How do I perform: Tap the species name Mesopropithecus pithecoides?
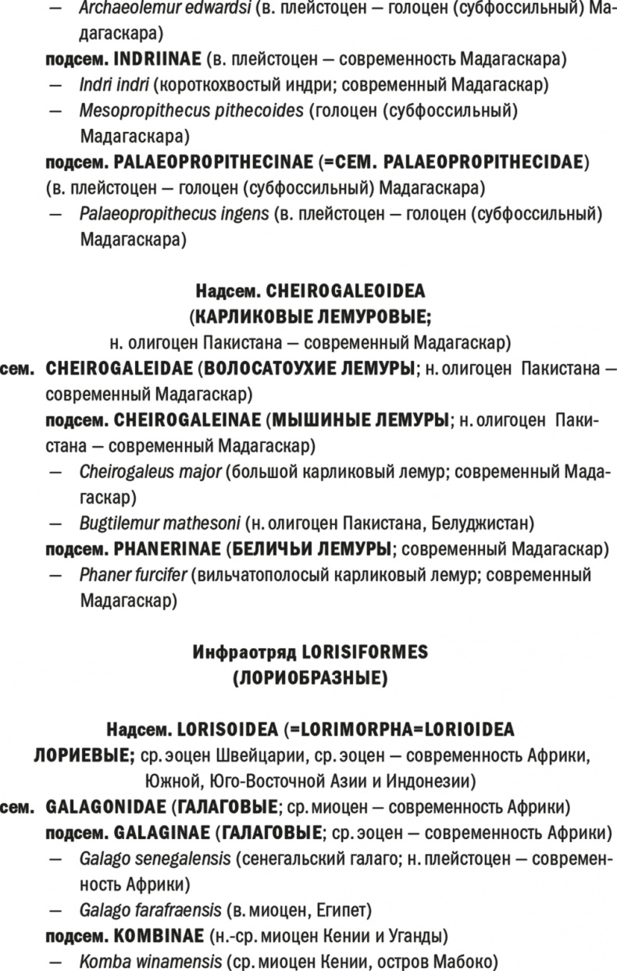coord(191,111)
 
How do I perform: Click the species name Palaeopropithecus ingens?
coord(174,214)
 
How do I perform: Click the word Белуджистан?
coord(476,523)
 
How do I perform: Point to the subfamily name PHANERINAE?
coord(165,548)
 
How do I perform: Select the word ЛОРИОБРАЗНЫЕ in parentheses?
coord(309,677)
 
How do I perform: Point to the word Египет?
coord(348,909)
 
